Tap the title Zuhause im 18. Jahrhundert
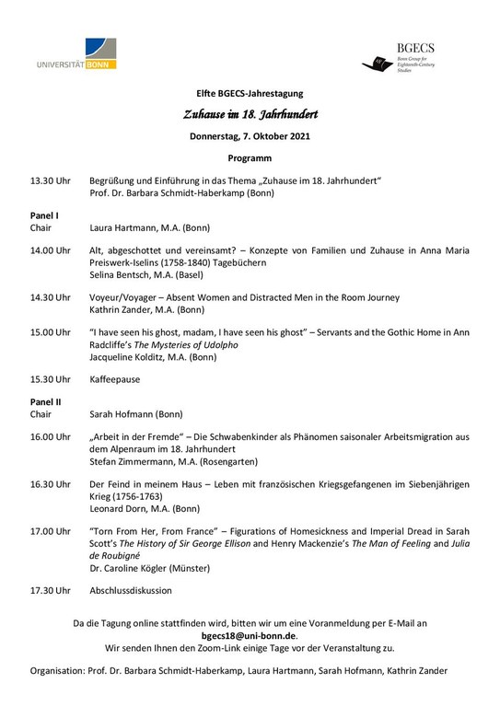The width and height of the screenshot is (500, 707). point(249,113)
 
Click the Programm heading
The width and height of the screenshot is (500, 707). point(249,158)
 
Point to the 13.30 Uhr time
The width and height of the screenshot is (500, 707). point(50,181)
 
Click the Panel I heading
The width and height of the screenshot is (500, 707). point(44,215)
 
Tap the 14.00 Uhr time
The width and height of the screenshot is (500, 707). point(50,250)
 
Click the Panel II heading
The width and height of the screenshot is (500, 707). point(45,402)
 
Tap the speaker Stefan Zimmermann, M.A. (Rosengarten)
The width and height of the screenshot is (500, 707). point(174,461)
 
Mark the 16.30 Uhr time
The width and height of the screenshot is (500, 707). point(50,484)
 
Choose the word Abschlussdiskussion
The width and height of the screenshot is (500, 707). point(131,590)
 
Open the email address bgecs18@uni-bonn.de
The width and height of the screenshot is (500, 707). point(249,635)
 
